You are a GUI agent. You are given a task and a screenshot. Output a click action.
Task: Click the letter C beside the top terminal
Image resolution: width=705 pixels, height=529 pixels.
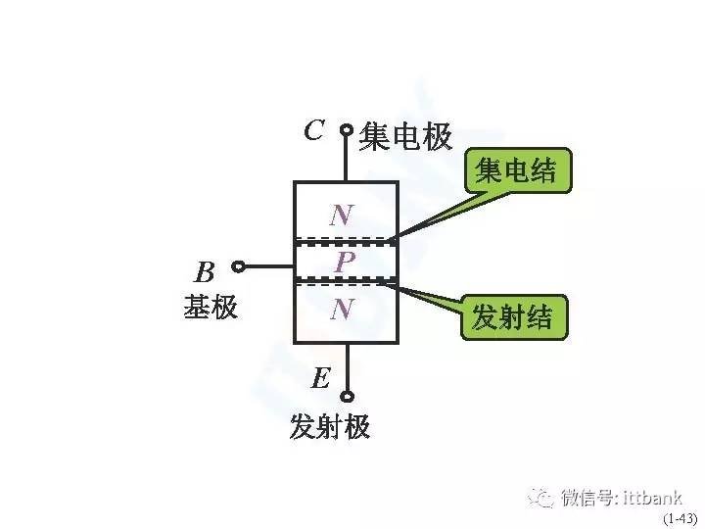(314, 130)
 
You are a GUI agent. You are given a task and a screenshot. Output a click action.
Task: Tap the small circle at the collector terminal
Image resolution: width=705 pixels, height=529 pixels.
(347, 130)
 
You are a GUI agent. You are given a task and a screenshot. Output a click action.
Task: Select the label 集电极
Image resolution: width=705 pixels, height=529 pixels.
(405, 136)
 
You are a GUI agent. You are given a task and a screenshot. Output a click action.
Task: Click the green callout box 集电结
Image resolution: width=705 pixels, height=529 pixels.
(518, 170)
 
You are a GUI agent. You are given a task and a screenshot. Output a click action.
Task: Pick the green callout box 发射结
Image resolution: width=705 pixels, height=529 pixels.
(514, 317)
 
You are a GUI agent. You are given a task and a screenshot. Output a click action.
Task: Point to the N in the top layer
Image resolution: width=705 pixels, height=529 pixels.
(342, 215)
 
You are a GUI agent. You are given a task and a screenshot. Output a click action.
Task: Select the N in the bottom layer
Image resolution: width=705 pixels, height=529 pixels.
(342, 309)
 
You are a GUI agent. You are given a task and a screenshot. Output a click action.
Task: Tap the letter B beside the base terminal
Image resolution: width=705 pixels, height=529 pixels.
(205, 272)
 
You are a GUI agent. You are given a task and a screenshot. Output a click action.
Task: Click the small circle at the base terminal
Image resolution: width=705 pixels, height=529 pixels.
(238, 266)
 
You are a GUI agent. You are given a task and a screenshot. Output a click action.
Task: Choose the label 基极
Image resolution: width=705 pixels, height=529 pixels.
(211, 307)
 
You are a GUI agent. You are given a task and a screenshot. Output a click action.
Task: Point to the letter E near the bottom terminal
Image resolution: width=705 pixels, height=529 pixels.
(321, 377)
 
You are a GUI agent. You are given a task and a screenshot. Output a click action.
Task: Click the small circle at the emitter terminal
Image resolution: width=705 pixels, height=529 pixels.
(347, 397)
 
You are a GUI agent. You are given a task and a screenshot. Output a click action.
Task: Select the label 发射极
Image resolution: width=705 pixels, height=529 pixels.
(330, 426)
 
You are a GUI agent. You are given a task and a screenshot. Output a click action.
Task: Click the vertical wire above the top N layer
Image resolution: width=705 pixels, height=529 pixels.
(347, 159)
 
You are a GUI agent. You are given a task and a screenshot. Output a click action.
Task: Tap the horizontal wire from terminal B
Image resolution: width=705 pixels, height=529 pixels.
(269, 266)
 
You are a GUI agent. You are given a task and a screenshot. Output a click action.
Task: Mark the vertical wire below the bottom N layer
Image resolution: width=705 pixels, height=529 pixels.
(347, 367)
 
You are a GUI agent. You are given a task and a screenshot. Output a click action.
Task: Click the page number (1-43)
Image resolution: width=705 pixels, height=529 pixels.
(680, 518)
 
